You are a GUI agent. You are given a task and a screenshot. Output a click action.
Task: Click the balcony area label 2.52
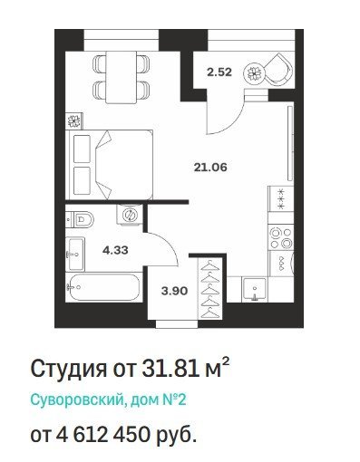point(219,72)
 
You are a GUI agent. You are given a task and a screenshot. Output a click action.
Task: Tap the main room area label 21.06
point(210,167)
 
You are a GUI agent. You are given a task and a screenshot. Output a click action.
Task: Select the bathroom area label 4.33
point(115,250)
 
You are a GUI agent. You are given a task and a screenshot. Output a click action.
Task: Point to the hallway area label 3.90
point(174,291)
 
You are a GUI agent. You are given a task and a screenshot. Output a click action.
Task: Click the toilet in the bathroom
point(80,219)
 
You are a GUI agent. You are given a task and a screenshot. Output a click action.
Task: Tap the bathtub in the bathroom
point(103,287)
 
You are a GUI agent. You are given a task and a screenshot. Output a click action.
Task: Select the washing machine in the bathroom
point(130,215)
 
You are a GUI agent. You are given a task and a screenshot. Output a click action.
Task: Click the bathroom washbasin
point(75,255)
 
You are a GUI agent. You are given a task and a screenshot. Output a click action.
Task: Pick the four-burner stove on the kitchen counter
point(281,238)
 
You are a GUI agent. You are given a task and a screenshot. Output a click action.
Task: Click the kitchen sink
point(255,290)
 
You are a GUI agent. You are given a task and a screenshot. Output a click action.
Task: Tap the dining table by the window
point(121,77)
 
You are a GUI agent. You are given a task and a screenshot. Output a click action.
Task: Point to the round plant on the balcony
point(255,72)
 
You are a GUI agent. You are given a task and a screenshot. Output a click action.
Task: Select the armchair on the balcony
point(278,71)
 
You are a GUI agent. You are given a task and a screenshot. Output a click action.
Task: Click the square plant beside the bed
point(74,121)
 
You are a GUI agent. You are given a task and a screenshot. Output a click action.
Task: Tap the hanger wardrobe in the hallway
point(210,288)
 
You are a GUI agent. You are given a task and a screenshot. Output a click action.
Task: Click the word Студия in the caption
point(69,369)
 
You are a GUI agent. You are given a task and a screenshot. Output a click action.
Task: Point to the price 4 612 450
point(102,435)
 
